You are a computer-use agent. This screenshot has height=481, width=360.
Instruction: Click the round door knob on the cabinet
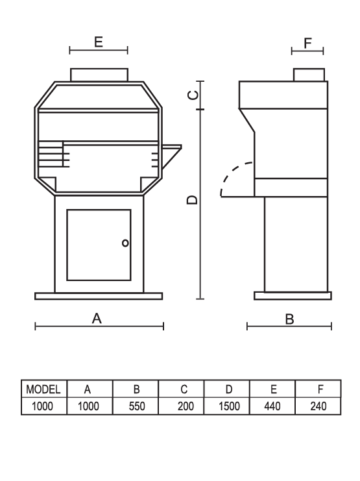tap(125, 243)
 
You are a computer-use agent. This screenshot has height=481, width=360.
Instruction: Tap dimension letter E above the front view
tap(99, 42)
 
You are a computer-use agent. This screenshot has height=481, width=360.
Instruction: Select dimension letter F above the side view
tap(307, 43)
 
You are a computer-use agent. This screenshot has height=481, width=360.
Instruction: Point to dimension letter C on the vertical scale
tap(193, 95)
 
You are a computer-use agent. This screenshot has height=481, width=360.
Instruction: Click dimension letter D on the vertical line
tap(193, 200)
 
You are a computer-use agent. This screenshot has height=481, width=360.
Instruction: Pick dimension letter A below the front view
tap(97, 319)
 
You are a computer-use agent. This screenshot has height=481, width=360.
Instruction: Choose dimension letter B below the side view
tap(289, 319)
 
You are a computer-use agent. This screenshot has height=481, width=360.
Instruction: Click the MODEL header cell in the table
tap(43, 389)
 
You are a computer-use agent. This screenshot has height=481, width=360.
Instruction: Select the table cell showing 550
tap(137, 406)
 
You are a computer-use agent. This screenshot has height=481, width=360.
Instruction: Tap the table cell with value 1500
tap(229, 406)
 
